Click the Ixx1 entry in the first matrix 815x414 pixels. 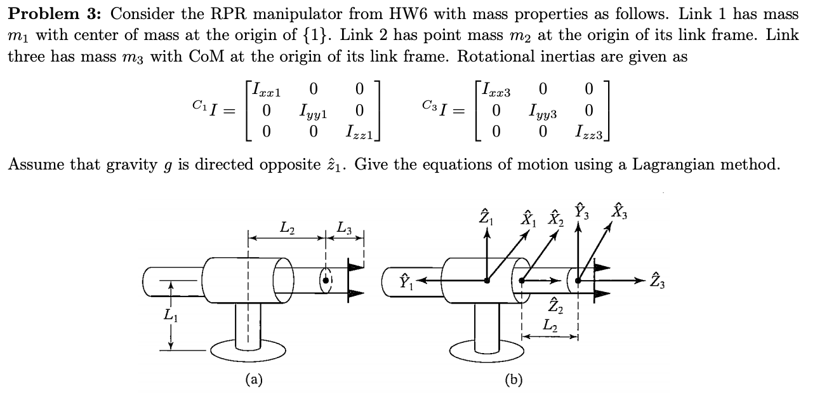coord(265,90)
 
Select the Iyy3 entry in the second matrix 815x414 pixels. coord(543,111)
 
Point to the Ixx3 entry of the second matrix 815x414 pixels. coord(496,90)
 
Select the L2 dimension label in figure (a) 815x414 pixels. coord(287,226)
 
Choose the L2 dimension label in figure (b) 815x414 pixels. coord(550,325)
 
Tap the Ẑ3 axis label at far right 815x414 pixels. coord(658,279)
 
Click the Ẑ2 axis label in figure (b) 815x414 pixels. coord(554,304)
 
